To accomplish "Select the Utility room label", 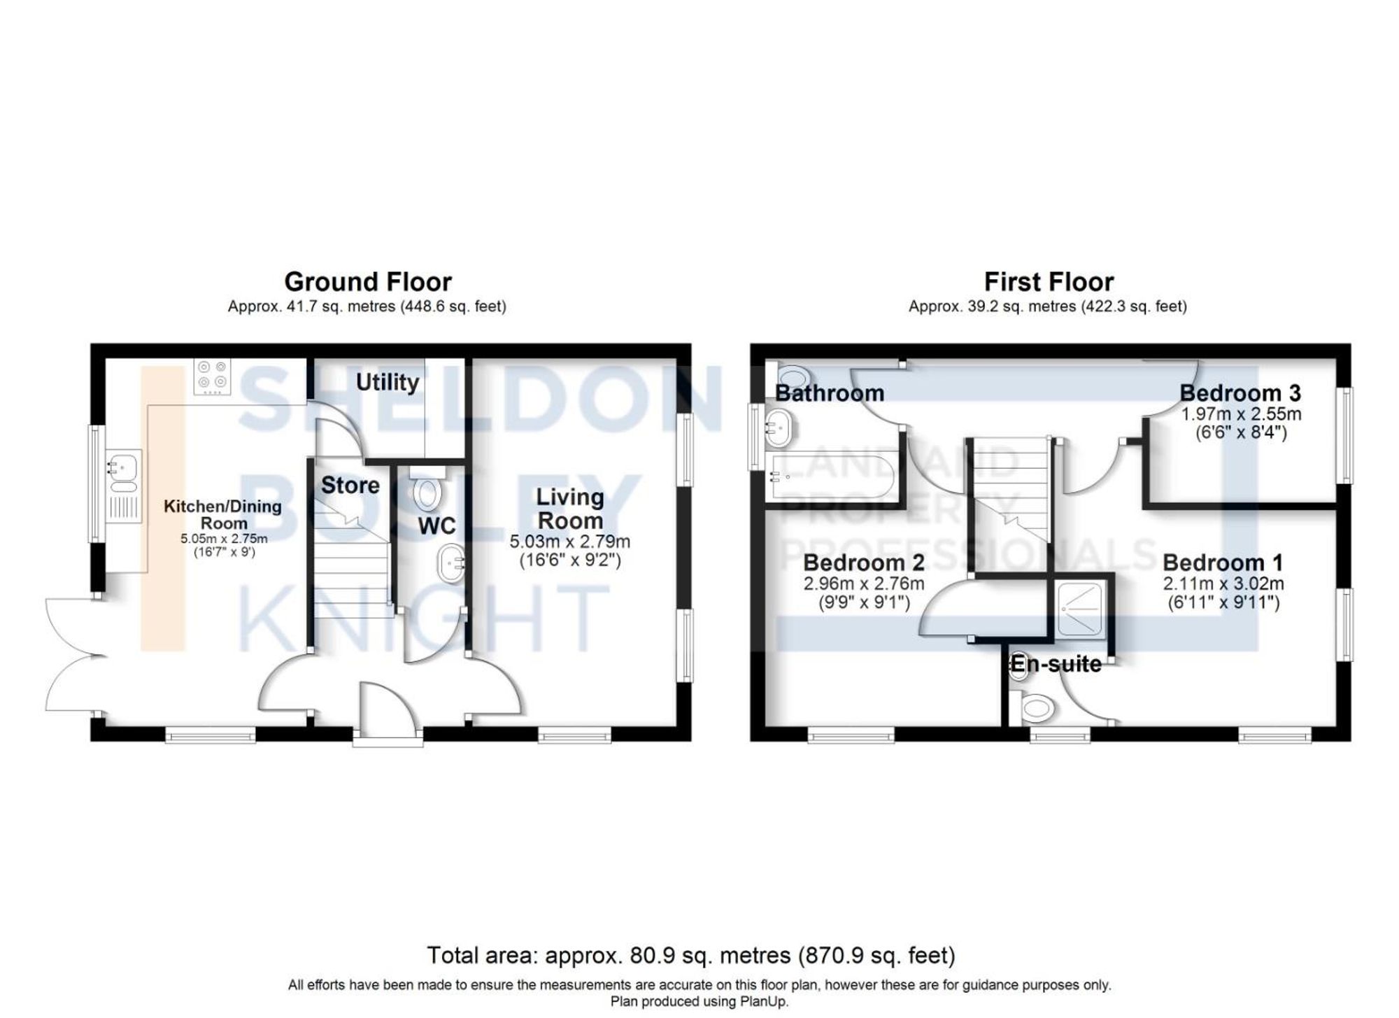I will tap(387, 382).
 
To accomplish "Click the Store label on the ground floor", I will tap(350, 485).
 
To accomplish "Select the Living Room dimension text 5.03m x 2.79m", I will tap(569, 542).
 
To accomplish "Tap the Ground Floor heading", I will tap(367, 282).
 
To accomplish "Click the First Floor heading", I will tap(1048, 282).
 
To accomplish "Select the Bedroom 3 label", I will tap(1240, 393).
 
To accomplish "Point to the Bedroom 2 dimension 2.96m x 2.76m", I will tap(864, 584).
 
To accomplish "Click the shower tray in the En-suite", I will tap(1080, 609).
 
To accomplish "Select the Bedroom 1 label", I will tap(1223, 563).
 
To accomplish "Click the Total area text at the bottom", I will tap(690, 955).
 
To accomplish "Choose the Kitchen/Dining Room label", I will tap(222, 514).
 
